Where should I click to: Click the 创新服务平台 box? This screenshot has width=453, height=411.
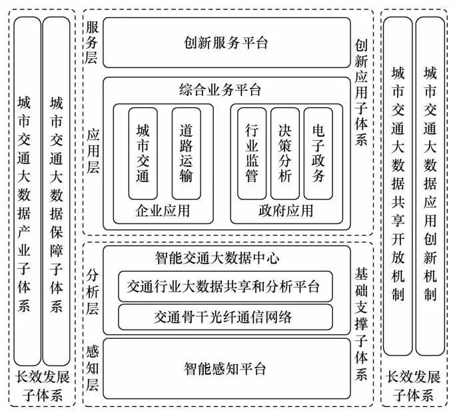pos(226,43)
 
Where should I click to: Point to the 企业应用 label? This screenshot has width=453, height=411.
pos(163,212)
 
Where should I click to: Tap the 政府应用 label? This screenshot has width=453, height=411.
pos(285,212)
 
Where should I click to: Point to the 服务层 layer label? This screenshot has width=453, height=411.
pos(93,42)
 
